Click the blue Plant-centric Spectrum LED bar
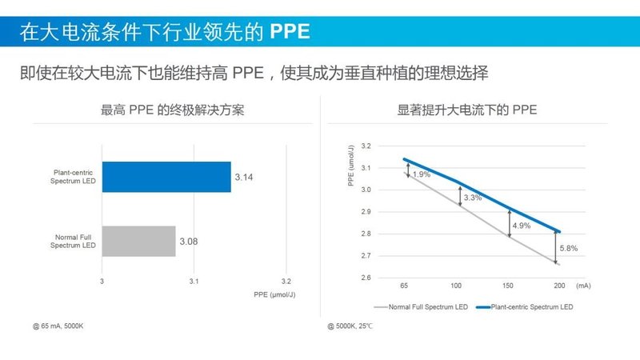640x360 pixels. [x=166, y=176]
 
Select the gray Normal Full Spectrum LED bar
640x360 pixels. [x=138, y=241]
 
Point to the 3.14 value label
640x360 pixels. [x=243, y=177]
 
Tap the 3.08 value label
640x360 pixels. [x=188, y=241]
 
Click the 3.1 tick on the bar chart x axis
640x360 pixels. [x=194, y=282]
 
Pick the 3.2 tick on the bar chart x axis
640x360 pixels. [x=286, y=282]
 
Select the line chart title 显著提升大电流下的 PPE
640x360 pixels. [x=467, y=110]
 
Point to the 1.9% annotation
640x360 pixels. [x=422, y=174]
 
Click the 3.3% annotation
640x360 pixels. [x=473, y=197]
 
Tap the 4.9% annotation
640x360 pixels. [x=521, y=225]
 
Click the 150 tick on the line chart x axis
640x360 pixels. [x=507, y=286]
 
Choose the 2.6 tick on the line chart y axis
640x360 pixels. [x=366, y=278]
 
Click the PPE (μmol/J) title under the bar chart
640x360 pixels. [x=274, y=295]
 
